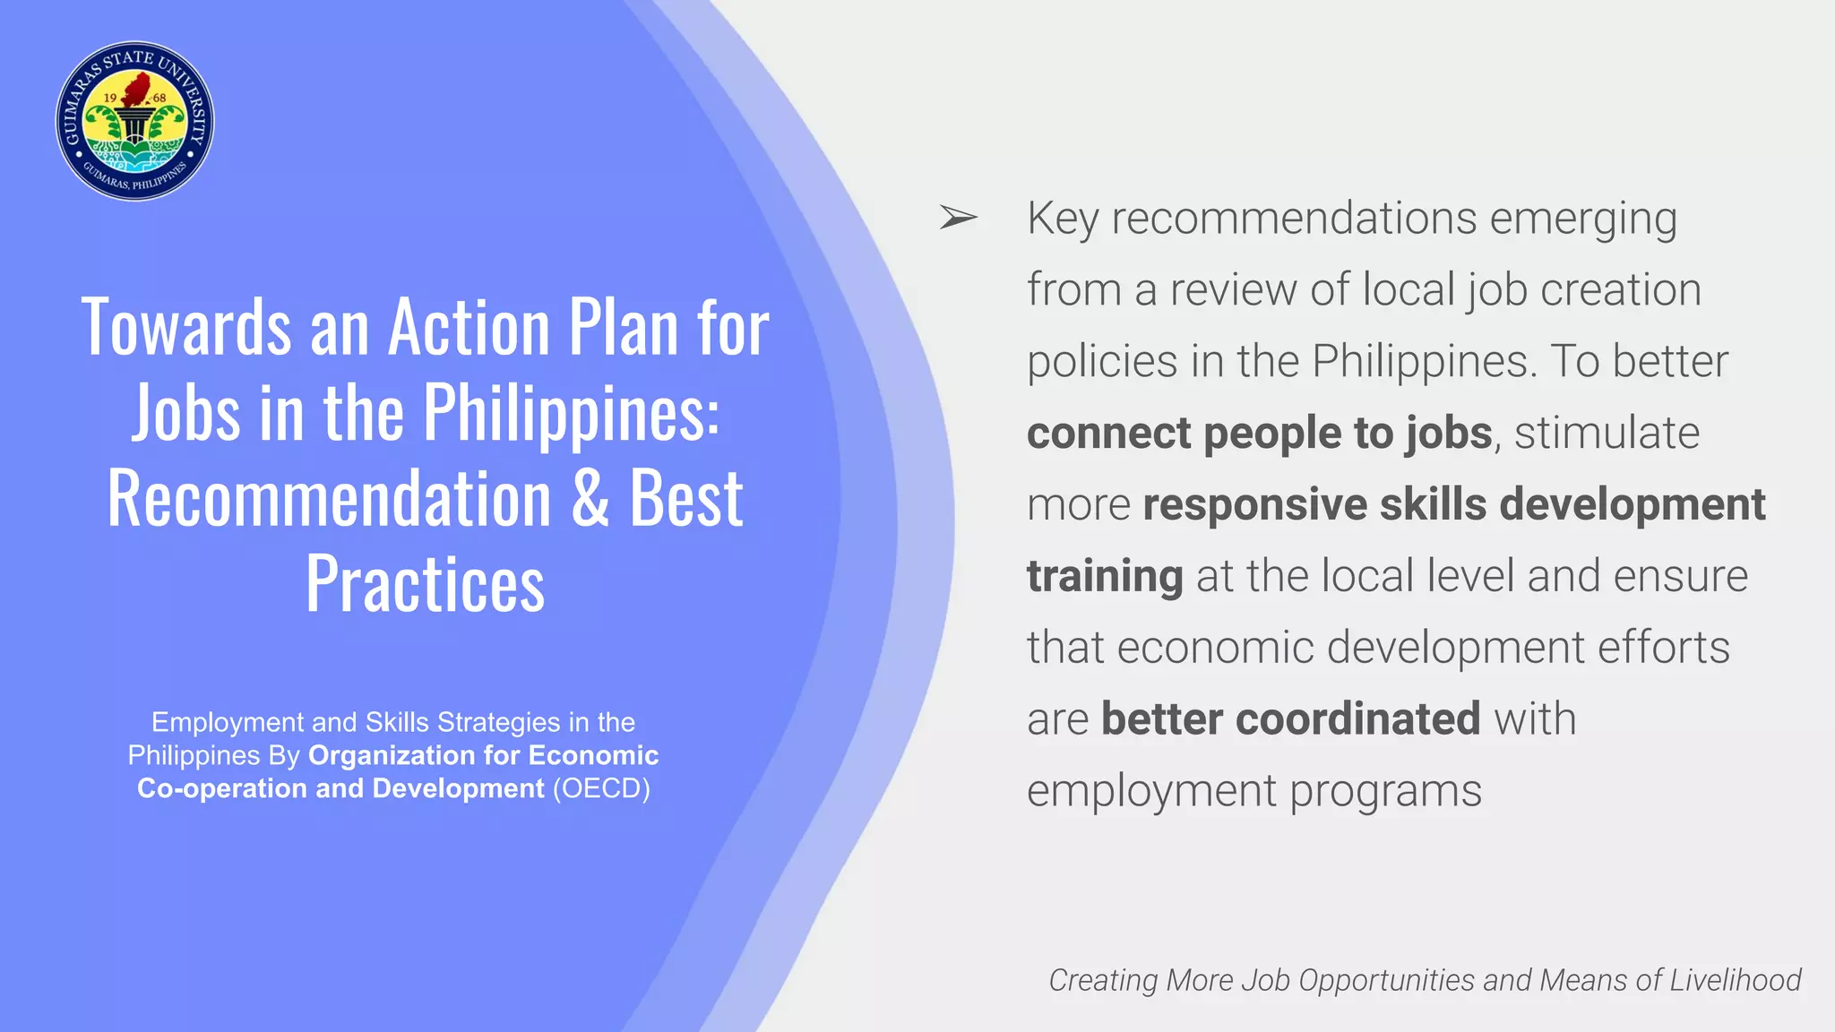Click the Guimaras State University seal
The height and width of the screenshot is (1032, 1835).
pos(134,121)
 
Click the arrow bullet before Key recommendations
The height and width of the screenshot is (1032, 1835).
pos(957,218)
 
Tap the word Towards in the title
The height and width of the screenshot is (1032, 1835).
pos(185,328)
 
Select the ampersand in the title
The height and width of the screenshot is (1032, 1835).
pos(590,499)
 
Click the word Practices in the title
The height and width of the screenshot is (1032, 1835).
pos(425,584)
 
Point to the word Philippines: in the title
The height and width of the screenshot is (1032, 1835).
pos(571,413)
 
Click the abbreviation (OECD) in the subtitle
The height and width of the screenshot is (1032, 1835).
pos(601,788)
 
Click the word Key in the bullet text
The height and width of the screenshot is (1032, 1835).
pos(1063,219)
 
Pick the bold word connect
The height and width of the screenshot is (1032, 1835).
pos(1108,434)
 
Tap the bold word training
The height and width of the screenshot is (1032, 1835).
pos(1105,577)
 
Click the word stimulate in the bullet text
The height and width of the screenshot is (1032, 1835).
pos(1607,434)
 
